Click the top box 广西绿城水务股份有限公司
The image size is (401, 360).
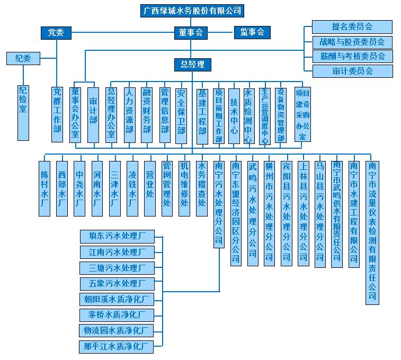pyautogui.click(x=193, y=11)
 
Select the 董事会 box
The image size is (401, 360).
pyautogui.click(x=191, y=33)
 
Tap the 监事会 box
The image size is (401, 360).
pyautogui.click(x=252, y=33)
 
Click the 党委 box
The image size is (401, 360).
pyautogui.click(x=56, y=33)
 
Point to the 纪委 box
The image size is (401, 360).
pyautogui.click(x=23, y=59)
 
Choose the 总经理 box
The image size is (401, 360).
pyautogui.click(x=192, y=65)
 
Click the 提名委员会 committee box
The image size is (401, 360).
pyautogui.click(x=352, y=26)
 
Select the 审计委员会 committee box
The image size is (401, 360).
pyautogui.click(x=352, y=71)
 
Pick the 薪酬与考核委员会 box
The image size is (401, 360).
pyautogui.click(x=352, y=56)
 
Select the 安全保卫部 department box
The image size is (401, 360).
pyautogui.click(x=181, y=114)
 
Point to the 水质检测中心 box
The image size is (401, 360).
pyautogui.click(x=248, y=115)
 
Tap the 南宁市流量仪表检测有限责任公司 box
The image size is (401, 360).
pyautogui.click(x=372, y=231)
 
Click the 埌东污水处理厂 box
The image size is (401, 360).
pyautogui.click(x=117, y=236)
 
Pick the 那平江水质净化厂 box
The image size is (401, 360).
pyautogui.click(x=117, y=347)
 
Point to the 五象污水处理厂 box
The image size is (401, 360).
pyautogui.click(x=117, y=284)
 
